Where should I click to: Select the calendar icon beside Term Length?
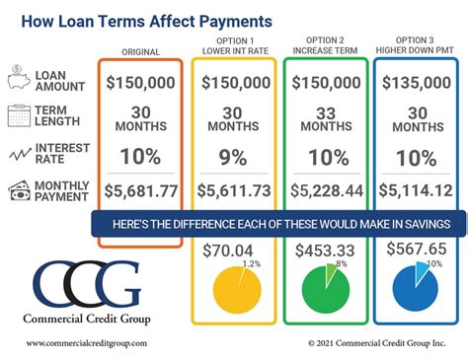[x=20, y=116]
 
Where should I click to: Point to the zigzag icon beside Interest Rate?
[x=20, y=153]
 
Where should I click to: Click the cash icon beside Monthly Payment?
[x=20, y=190]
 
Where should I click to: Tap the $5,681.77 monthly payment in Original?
[x=140, y=190]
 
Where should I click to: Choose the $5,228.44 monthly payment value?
[x=325, y=190]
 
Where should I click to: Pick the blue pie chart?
[x=417, y=288]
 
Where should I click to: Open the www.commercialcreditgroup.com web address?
[x=87, y=343]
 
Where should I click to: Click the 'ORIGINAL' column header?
[x=140, y=51]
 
